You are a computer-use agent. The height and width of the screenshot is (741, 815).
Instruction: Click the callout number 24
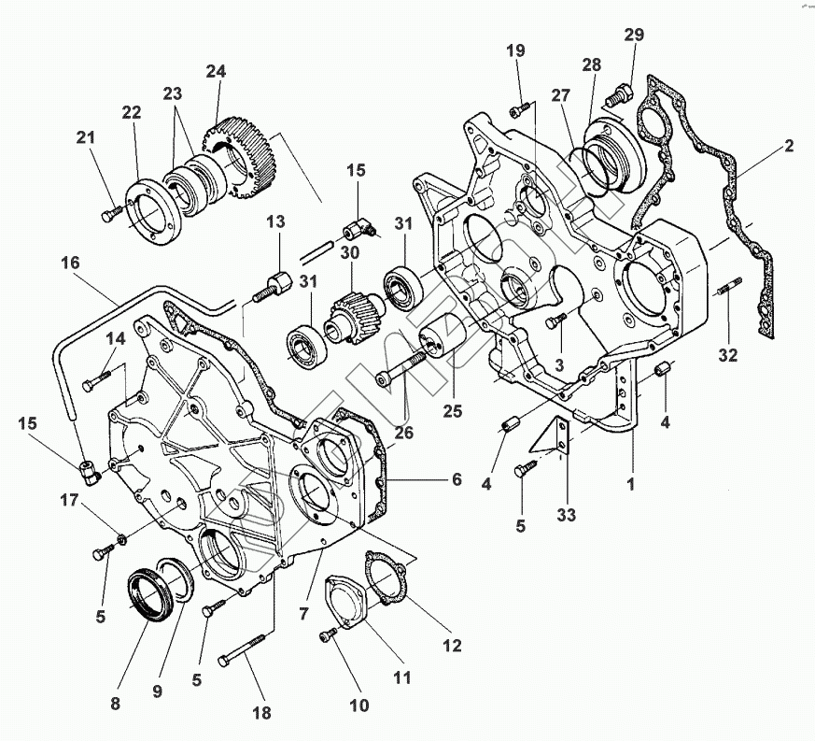[x=217, y=72]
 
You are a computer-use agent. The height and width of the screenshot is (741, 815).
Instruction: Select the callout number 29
[x=634, y=35]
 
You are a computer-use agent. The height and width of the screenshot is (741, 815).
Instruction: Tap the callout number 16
[x=71, y=264]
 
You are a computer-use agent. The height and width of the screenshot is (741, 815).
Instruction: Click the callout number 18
[x=261, y=713]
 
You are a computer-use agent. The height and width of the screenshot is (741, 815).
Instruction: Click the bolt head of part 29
[x=617, y=93]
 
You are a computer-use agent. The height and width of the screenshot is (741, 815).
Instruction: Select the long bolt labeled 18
[x=246, y=650]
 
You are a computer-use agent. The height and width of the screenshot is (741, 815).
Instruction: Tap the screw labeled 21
[x=109, y=216]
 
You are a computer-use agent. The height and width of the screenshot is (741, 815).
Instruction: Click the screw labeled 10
[x=327, y=636]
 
